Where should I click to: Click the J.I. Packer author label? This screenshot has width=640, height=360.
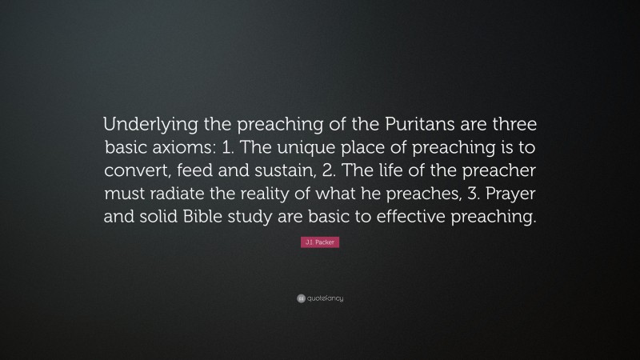(x=320, y=242)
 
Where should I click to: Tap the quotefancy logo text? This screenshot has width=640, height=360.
(x=325, y=298)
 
